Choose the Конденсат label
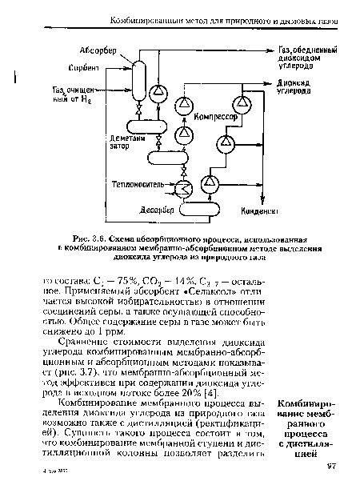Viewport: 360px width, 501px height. tap(256, 214)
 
